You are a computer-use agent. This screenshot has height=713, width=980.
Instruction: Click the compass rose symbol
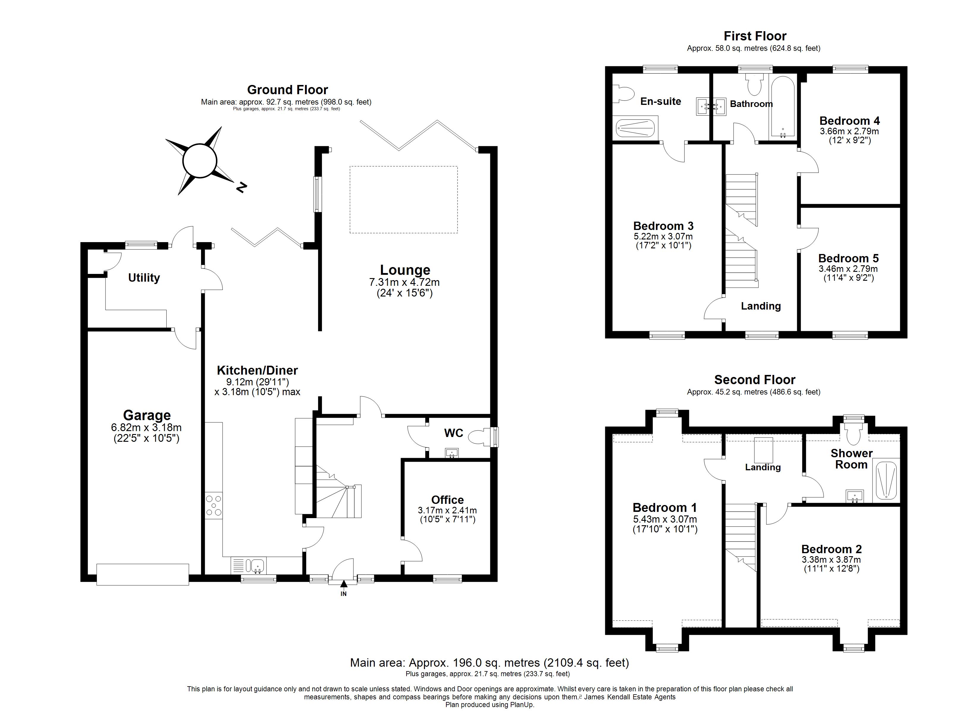[199, 161]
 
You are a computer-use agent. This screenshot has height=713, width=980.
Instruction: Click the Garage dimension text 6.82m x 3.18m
[146, 428]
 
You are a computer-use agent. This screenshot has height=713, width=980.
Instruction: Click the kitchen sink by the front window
[257, 565]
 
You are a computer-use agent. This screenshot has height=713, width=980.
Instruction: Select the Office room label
[447, 500]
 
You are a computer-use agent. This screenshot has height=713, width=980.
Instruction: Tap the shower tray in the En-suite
[635, 128]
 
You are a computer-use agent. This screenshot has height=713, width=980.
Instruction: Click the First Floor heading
[755, 36]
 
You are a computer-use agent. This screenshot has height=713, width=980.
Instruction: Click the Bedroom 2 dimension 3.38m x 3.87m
[831, 559]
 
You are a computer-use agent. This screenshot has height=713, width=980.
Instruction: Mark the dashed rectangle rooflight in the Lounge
[404, 200]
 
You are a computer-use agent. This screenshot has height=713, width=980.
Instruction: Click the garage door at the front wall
[143, 574]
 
